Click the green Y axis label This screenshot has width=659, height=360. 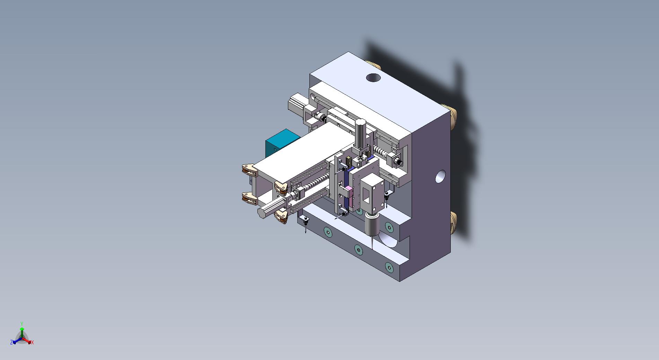tap(22, 324)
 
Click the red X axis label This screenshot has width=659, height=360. tap(33, 342)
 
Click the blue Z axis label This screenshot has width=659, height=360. tap(11, 342)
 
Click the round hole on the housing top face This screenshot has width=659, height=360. tap(373, 78)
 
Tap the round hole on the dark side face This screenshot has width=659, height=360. tap(440, 176)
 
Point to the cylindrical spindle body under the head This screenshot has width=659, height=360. tap(372, 224)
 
